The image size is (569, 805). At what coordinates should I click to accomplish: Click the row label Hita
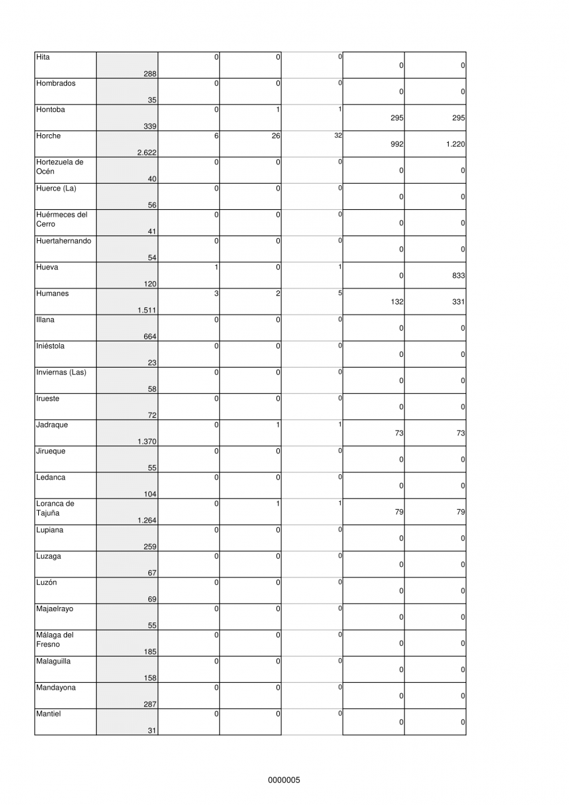tap(43, 57)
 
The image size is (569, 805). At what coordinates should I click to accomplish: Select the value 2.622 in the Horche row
tap(147, 152)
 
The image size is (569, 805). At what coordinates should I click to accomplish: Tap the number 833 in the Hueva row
tap(459, 276)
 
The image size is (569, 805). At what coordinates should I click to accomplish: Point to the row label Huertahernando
tap(64, 241)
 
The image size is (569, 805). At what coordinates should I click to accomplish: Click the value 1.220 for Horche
tap(456, 144)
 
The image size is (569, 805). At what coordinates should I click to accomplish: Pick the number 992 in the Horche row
tap(397, 144)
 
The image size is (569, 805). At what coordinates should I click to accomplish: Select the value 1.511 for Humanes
tap(147, 310)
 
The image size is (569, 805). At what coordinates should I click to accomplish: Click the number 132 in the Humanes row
tap(397, 302)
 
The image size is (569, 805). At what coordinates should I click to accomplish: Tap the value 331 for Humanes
tap(459, 302)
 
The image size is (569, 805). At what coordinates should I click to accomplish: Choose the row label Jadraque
tap(52, 425)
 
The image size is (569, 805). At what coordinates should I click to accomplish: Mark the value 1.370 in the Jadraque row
tap(147, 441)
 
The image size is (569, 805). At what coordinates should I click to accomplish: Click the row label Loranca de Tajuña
tap(55, 508)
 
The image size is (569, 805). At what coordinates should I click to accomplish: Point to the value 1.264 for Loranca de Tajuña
tap(147, 520)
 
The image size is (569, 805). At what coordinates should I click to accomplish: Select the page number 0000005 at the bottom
tap(284, 780)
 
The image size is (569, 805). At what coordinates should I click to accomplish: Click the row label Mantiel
tap(48, 714)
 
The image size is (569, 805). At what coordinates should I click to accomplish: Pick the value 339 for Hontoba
tap(150, 126)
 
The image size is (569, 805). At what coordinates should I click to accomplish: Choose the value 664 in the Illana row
tap(150, 336)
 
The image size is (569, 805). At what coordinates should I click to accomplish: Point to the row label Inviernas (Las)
tap(61, 372)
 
